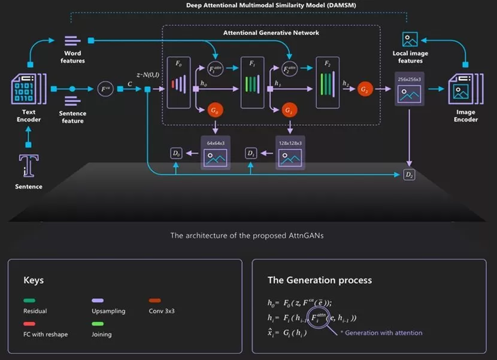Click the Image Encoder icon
[465, 89]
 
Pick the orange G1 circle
[290, 111]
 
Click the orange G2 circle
[364, 89]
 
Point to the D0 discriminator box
[175, 154]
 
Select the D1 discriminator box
[251, 154]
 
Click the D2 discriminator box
[410, 175]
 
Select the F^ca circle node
[105, 89]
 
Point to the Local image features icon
[410, 40]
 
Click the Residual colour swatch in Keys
[29, 301]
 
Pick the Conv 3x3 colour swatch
[155, 301]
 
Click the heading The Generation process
[319, 280]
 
